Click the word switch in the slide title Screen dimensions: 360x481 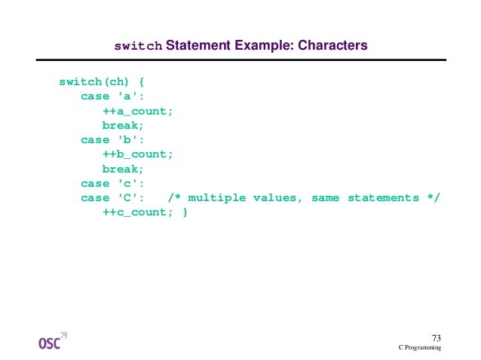(x=138, y=47)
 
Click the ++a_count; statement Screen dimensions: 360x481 (x=138, y=111)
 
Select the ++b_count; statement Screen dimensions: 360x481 (x=138, y=154)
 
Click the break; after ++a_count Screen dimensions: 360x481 (x=123, y=126)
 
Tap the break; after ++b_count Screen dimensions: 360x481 (x=123, y=169)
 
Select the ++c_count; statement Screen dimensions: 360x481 (x=138, y=212)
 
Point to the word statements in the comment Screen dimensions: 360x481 (x=388, y=198)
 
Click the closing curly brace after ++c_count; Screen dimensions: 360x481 (x=185, y=212)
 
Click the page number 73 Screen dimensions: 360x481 (x=436, y=337)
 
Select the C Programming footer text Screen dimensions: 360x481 (x=420, y=348)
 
